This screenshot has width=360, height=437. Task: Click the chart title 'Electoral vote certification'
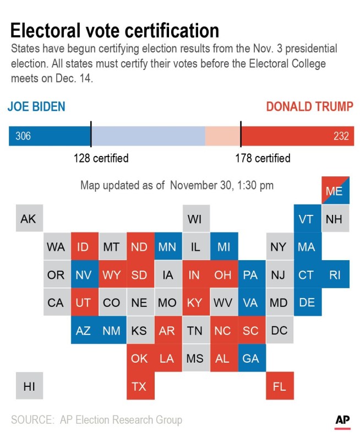click(114, 30)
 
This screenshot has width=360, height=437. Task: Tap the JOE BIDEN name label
click(36, 106)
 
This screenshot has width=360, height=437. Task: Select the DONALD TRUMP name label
click(309, 106)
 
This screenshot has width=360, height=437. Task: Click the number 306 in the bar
click(23, 136)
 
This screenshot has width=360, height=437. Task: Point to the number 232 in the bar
click(341, 136)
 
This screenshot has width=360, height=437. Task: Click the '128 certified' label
click(101, 159)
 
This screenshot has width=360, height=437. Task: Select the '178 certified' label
click(263, 159)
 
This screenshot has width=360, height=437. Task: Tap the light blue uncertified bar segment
click(148, 136)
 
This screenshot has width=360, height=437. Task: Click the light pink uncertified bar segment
click(222, 136)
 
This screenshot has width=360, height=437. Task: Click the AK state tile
click(28, 219)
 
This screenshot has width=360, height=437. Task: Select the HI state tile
click(28, 387)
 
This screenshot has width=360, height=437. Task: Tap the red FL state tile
click(279, 387)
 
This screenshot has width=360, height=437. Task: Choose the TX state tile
click(139, 387)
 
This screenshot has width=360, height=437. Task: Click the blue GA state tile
click(251, 359)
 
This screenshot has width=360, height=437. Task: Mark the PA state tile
click(251, 275)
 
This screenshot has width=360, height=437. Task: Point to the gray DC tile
click(279, 331)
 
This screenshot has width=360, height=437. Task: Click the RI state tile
click(334, 275)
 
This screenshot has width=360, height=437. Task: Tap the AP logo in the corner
click(342, 421)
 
